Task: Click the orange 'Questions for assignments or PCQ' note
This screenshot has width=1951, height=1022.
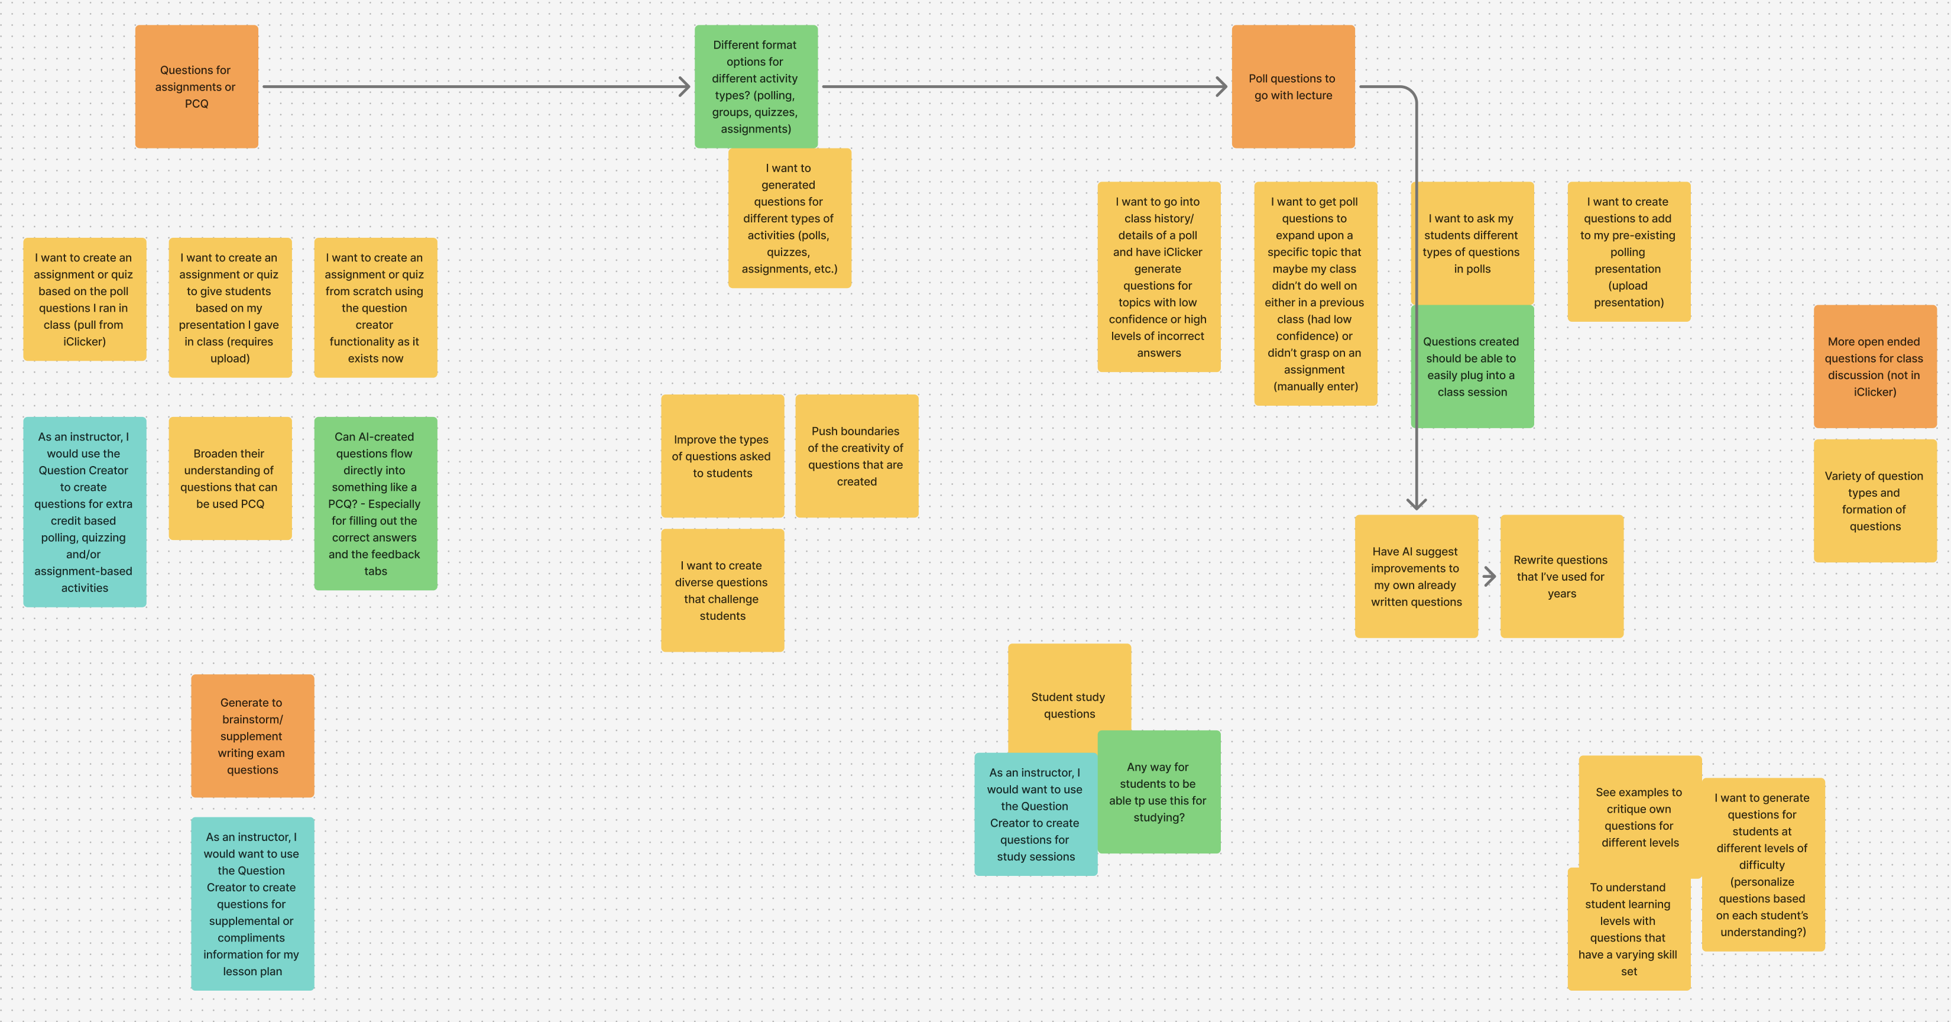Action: pyautogui.click(x=196, y=86)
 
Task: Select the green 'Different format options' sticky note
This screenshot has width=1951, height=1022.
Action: pyautogui.click(x=755, y=86)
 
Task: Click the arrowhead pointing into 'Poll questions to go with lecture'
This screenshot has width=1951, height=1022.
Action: pyautogui.click(x=1220, y=86)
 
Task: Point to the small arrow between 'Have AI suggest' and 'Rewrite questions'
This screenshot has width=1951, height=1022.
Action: pyautogui.click(x=1489, y=577)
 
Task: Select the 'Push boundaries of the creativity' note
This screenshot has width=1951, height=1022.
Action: pyautogui.click(x=856, y=456)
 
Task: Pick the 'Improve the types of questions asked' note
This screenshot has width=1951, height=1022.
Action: pyautogui.click(x=722, y=456)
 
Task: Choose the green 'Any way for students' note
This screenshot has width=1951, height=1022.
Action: pyautogui.click(x=1159, y=792)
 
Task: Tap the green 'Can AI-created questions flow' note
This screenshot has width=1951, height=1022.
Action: pyautogui.click(x=375, y=503)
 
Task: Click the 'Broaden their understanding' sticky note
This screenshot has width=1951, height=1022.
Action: pyautogui.click(x=229, y=478)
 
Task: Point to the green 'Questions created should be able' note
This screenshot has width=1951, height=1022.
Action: pyautogui.click(x=1471, y=367)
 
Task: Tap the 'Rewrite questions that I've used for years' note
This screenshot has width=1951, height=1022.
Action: pyautogui.click(x=1561, y=577)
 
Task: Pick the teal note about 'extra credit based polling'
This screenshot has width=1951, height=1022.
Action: pyautogui.click(x=84, y=512)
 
